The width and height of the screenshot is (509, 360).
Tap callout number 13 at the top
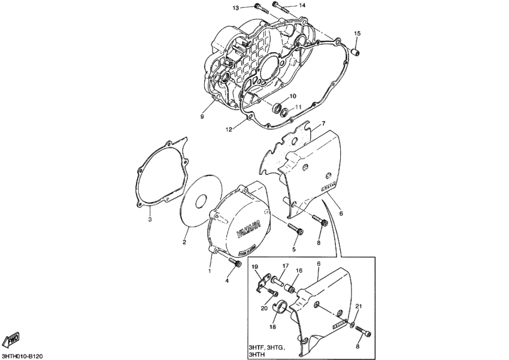tap(236, 7)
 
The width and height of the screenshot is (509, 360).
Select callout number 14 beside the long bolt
tap(302, 5)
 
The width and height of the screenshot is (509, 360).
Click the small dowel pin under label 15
tap(357, 54)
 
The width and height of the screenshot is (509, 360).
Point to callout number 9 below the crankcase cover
tap(202, 117)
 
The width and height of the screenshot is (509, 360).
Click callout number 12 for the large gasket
tap(228, 129)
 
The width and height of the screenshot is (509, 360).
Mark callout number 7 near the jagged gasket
tap(323, 123)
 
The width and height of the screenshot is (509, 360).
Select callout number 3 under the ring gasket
tap(150, 220)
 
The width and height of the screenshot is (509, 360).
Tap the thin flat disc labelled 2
tap(196, 201)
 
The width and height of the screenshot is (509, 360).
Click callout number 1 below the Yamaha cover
tap(210, 271)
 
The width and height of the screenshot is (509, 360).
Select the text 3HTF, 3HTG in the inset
tap(266, 347)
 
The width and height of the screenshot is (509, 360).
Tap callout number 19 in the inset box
tap(254, 267)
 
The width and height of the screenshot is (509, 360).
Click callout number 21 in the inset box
tap(359, 307)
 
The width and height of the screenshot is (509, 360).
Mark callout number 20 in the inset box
tap(264, 308)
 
